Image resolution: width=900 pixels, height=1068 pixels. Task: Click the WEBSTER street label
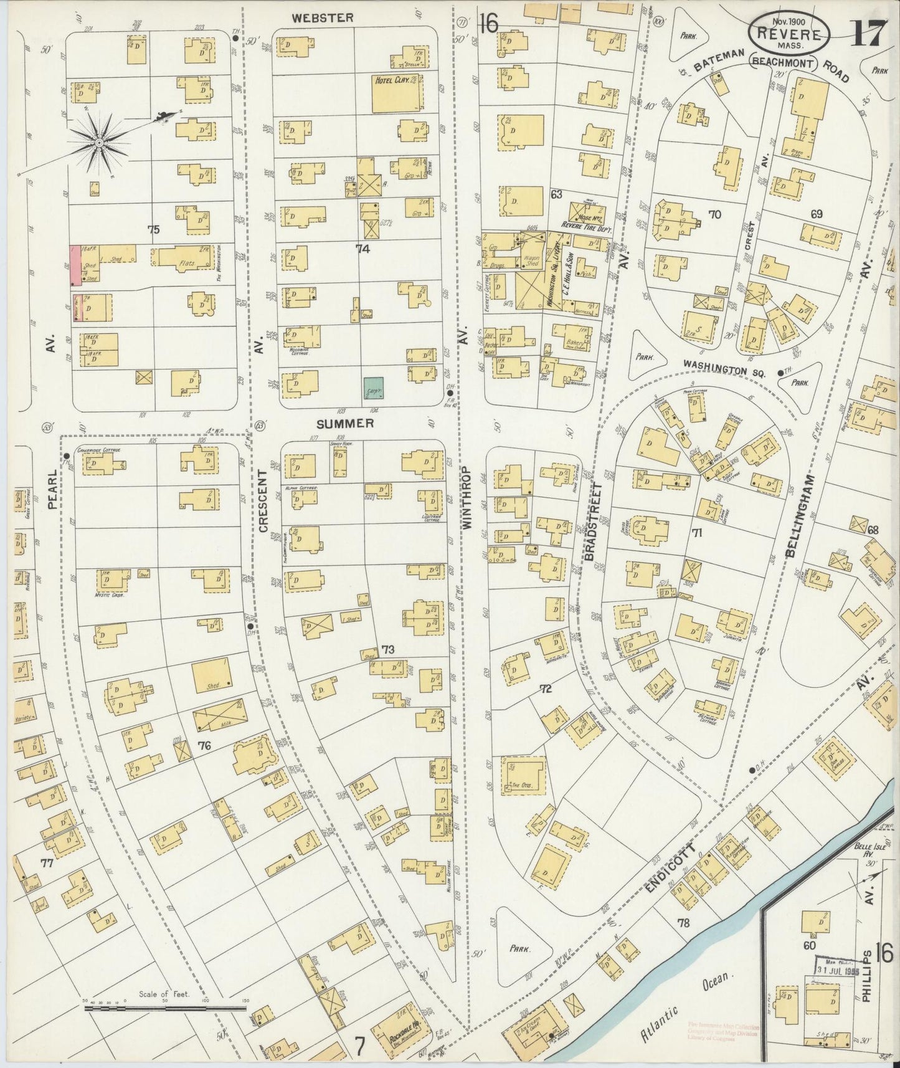[x=323, y=17]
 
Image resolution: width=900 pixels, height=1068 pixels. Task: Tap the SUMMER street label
[x=345, y=423]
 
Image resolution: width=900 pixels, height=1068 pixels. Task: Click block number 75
[x=153, y=229]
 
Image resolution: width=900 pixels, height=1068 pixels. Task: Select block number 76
[x=204, y=745]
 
